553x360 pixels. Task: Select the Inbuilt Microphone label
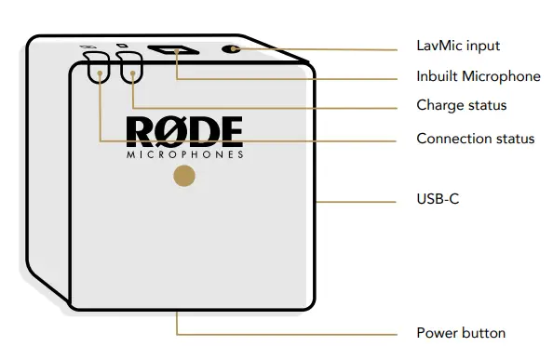coord(478,76)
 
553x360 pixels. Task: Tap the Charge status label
coord(461,105)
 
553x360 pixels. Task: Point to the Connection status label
coord(475,139)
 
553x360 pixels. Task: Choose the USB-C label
coord(436,200)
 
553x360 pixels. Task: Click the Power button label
coord(460,333)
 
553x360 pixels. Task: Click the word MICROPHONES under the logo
coord(184,154)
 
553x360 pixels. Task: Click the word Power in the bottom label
coord(436,333)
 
